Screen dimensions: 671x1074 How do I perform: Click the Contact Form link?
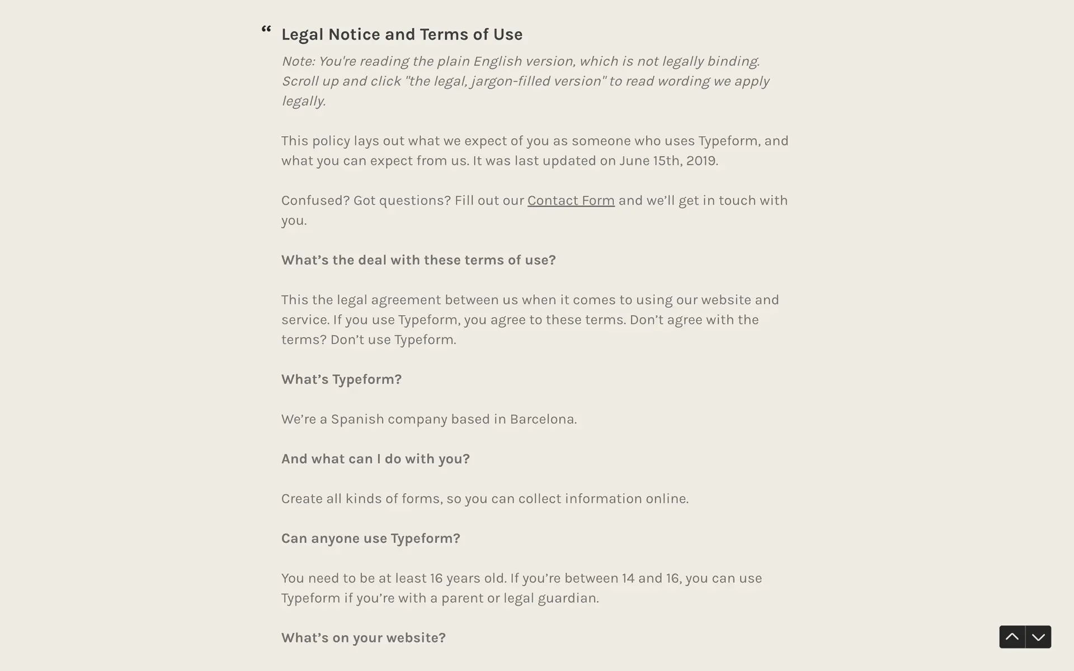(571, 200)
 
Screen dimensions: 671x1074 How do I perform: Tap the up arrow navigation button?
(1012, 637)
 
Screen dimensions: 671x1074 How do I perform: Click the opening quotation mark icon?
(266, 29)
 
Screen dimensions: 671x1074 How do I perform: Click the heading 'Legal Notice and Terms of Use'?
(402, 34)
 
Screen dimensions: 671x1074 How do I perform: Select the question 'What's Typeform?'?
(341, 379)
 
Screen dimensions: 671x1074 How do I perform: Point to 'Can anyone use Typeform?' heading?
(370, 538)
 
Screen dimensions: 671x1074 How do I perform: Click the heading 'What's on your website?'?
(363, 637)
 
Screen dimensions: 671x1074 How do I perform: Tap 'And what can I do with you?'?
(375, 459)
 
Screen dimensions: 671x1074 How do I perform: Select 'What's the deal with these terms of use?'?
(418, 260)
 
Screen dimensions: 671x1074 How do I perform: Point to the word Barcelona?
(542, 419)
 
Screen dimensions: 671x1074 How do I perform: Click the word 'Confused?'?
(315, 200)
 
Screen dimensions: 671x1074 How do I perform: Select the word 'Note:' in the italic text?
(298, 61)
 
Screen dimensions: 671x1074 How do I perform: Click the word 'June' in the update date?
(634, 160)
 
